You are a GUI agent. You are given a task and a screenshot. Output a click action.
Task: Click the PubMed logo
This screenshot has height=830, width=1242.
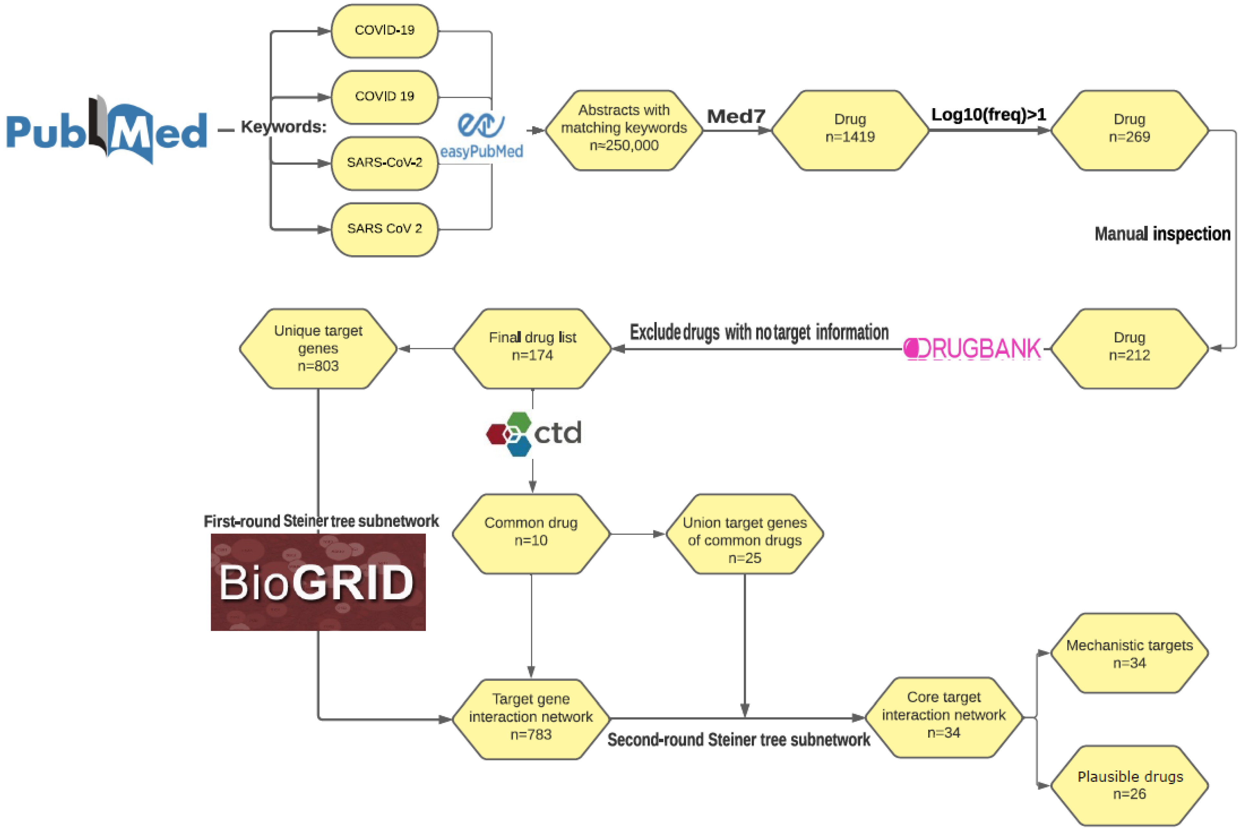click(x=106, y=130)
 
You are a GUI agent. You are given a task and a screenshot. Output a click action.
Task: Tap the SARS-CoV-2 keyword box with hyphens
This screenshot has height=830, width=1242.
click(x=385, y=163)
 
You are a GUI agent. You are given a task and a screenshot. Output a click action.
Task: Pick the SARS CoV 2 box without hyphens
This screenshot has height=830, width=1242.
click(x=385, y=229)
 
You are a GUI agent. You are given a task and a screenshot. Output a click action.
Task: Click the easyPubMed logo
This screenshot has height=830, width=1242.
click(x=481, y=135)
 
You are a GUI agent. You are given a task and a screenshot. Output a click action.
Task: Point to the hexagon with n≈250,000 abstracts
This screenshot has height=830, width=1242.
click(x=624, y=130)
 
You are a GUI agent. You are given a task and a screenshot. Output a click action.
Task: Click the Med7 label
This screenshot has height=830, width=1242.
click(x=736, y=116)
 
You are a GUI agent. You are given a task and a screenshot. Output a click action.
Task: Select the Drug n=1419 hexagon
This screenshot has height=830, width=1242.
click(x=850, y=130)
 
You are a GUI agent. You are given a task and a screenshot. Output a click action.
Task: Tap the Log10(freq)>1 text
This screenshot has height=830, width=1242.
click(x=989, y=114)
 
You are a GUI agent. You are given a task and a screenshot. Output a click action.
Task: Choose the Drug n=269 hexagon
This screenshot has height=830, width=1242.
click(x=1129, y=130)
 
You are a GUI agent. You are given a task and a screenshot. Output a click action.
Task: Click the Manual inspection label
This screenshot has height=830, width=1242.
click(x=1162, y=233)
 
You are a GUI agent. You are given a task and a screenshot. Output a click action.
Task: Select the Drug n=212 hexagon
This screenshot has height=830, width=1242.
click(x=1129, y=348)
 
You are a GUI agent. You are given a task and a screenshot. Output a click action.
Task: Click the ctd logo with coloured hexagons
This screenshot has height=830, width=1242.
click(x=534, y=433)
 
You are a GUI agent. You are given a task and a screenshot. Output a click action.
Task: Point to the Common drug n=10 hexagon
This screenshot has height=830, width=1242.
click(x=531, y=533)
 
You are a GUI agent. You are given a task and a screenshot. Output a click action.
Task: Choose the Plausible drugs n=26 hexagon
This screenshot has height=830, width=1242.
click(x=1129, y=785)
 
